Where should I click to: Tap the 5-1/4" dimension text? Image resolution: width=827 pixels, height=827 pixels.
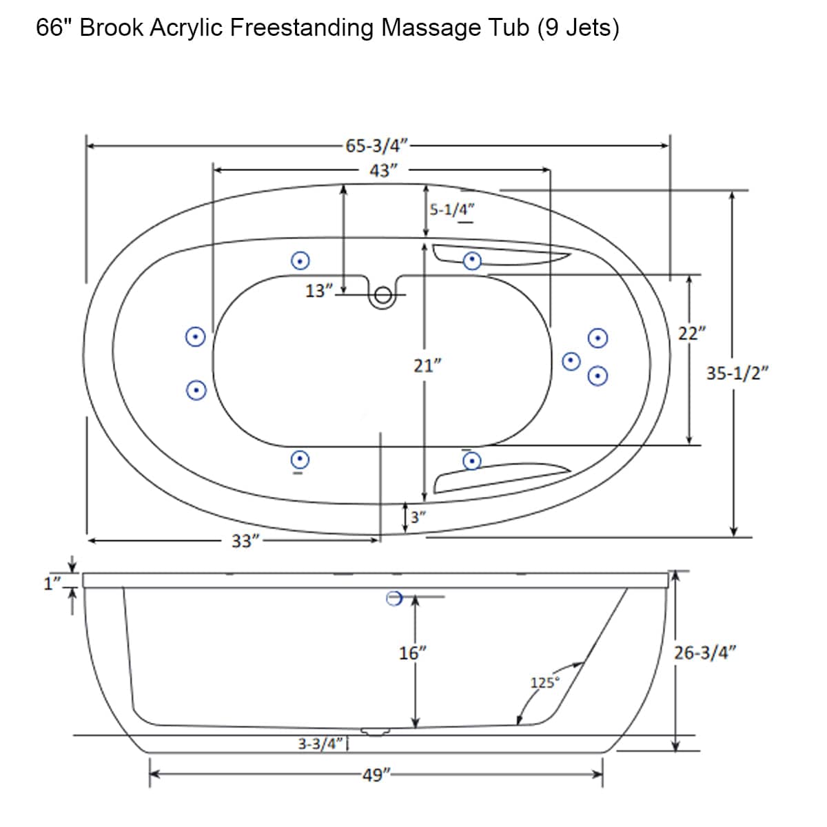coord(452,210)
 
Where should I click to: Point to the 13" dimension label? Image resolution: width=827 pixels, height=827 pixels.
coord(318,291)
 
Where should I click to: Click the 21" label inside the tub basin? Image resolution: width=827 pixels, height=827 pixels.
coord(427,366)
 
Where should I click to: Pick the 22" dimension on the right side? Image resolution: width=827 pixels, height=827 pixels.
coord(691,334)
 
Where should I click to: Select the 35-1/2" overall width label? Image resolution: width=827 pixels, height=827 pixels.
coord(737,373)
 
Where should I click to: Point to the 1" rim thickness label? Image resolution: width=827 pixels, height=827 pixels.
coord(52,584)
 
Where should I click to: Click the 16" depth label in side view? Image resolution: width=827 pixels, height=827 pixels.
coord(413,653)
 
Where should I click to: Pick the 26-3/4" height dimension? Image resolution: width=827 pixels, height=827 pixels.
coord(705,653)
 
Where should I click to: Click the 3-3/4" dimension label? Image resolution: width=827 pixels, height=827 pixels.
coord(320,744)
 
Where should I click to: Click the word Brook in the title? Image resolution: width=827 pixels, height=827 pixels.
coord(111,28)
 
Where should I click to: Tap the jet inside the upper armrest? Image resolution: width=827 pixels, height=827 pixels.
coord(471,260)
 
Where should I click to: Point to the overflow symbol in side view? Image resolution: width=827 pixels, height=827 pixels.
coord(394,598)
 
